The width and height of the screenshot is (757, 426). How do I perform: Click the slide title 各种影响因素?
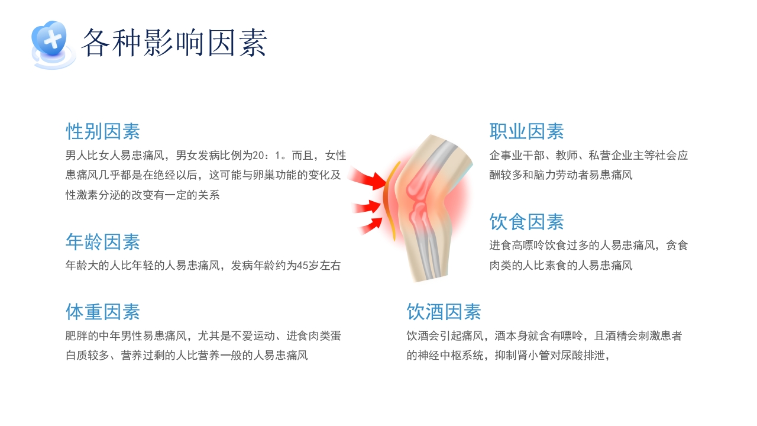pyautogui.click(x=174, y=43)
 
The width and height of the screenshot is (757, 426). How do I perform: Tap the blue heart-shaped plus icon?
pyautogui.click(x=50, y=40)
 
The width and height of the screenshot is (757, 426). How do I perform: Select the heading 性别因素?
pyautogui.click(x=102, y=131)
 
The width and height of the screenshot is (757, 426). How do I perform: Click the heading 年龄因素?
pyautogui.click(x=102, y=242)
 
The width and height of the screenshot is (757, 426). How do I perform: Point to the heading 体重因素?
pyautogui.click(x=102, y=312)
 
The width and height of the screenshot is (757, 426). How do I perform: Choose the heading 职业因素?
pyautogui.click(x=526, y=131)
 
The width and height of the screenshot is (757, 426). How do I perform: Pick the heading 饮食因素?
pyautogui.click(x=526, y=222)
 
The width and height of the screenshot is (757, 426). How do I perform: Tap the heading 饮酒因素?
pyautogui.click(x=444, y=312)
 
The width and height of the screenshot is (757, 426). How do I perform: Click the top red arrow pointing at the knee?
pyautogui.click(x=368, y=179)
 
